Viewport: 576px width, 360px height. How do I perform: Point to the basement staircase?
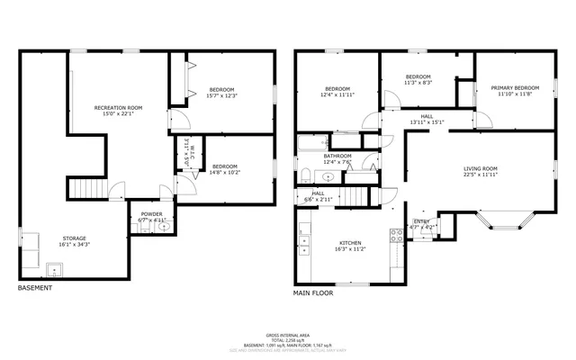pyautogui.click(x=87, y=189)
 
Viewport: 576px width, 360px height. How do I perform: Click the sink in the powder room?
pyautogui.click(x=163, y=226)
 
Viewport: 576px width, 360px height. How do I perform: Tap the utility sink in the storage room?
pyautogui.click(x=55, y=268)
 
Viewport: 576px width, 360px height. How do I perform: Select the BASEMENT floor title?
pyautogui.click(x=35, y=288)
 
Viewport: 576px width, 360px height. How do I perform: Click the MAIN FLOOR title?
pyautogui.click(x=313, y=293)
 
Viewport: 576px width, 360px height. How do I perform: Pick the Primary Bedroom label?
pyautogui.click(x=515, y=88)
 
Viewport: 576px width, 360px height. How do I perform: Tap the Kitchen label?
pyautogui.click(x=349, y=243)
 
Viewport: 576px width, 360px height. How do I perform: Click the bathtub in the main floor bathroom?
pyautogui.click(x=316, y=141)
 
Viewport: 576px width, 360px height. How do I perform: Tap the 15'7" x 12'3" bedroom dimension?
pyautogui.click(x=222, y=95)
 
